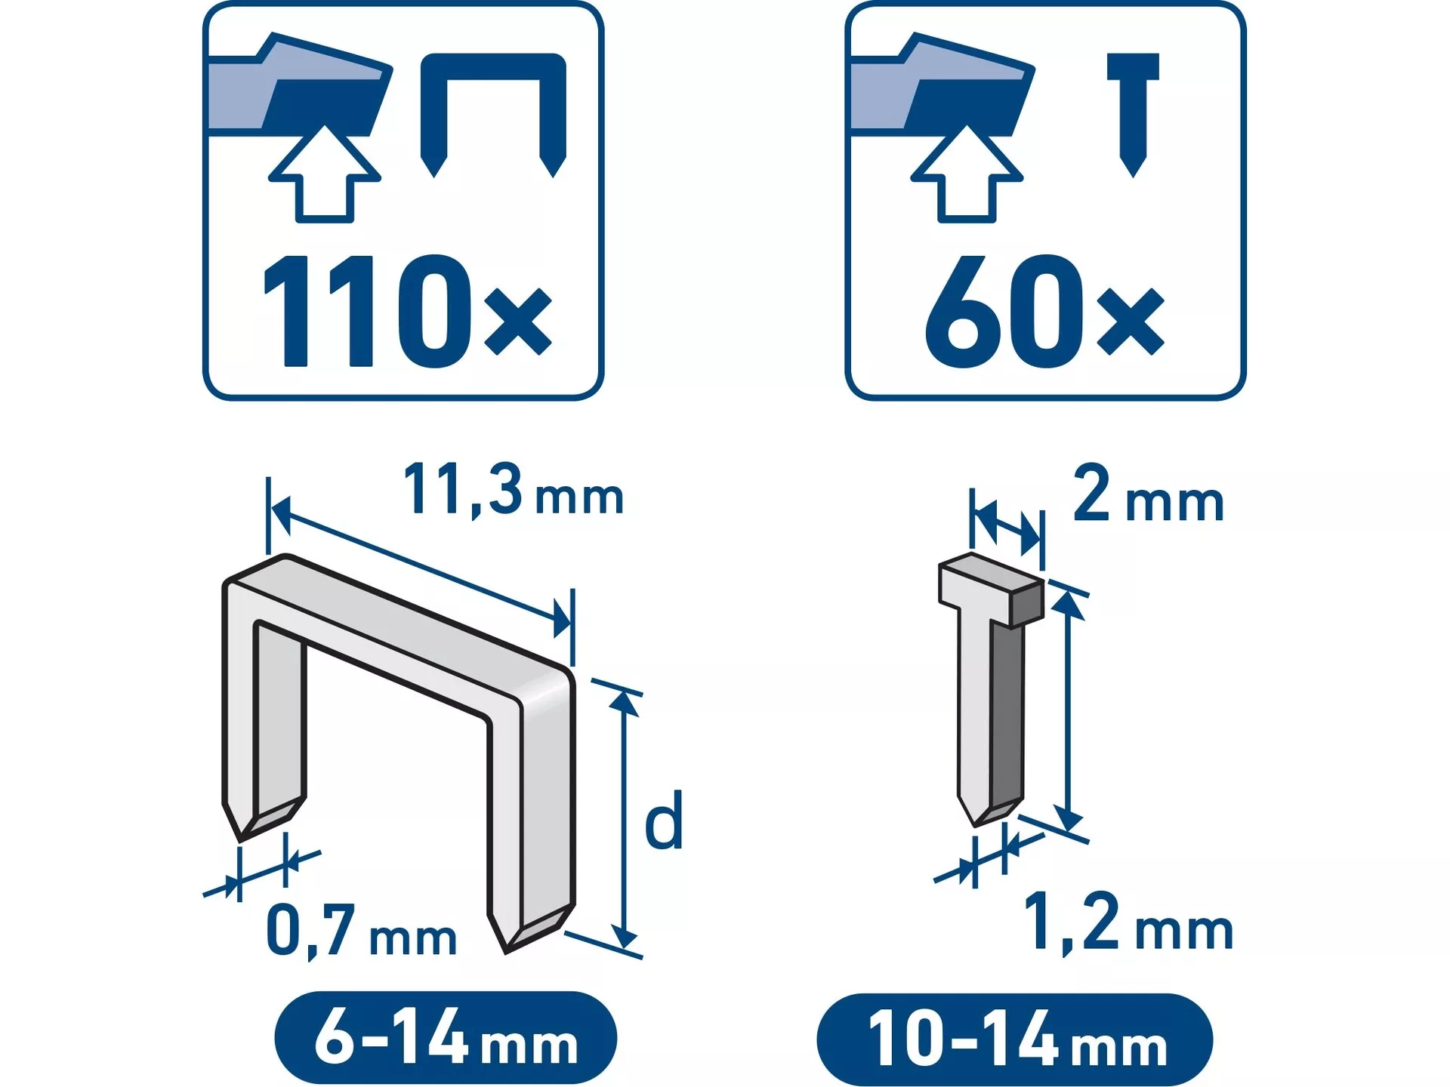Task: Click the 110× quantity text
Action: (407, 311)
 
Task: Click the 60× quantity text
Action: (1045, 311)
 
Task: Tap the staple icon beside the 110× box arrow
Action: (493, 113)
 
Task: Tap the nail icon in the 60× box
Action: (1133, 113)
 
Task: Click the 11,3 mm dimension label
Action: (514, 491)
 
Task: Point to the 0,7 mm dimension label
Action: (361, 931)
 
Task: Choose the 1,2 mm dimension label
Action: (1128, 922)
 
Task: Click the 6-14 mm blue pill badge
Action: (446, 1037)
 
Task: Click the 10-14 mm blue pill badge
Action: (1015, 1039)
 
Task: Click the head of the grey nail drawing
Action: (992, 590)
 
